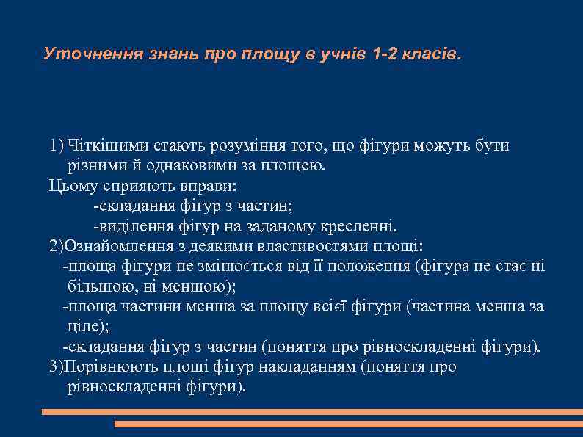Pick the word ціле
tap(85, 326)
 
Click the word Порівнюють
tap(110, 366)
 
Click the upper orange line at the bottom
tap(308, 413)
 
